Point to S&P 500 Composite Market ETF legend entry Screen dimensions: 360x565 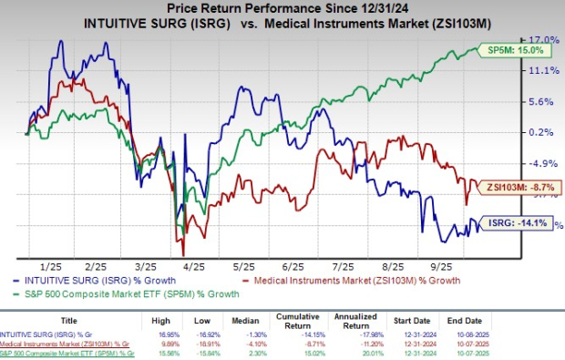[133, 293]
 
